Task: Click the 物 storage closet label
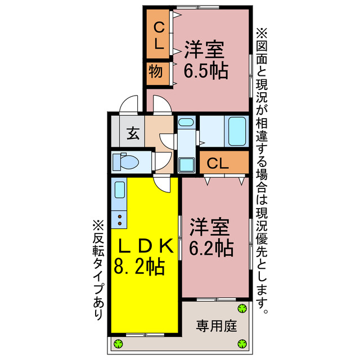coord(156,72)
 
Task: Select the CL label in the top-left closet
coord(159,35)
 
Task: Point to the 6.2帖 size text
coord(211,247)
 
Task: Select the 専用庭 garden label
coord(216,326)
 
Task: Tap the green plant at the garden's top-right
coord(242,308)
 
